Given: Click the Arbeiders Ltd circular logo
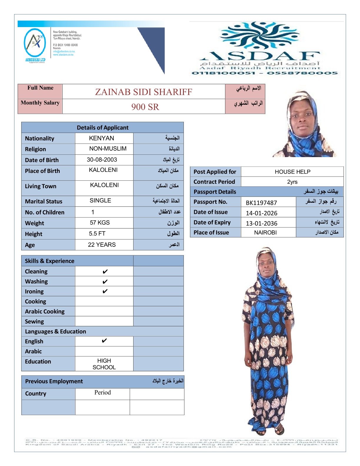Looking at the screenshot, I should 35,43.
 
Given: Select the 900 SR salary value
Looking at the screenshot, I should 145,107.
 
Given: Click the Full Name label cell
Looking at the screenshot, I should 40,88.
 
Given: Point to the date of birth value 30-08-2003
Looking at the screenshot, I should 102,160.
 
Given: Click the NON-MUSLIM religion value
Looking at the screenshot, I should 108,149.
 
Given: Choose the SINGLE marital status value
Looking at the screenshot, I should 100,201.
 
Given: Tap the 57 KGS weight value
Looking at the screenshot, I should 100,223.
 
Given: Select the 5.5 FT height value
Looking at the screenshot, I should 97,234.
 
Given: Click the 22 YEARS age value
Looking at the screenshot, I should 102,245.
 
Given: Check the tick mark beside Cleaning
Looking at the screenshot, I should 105,272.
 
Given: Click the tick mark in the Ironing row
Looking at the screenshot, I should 105,292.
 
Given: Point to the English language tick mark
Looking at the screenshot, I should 104,341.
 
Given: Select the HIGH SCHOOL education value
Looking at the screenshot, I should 104,364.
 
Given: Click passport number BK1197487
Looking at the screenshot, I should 261,203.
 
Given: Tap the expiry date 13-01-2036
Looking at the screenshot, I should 261,223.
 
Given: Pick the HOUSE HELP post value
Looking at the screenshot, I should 292,172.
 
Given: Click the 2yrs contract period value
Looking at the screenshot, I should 292,182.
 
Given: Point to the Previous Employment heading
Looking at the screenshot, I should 54,381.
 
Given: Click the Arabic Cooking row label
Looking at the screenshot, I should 45,312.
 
